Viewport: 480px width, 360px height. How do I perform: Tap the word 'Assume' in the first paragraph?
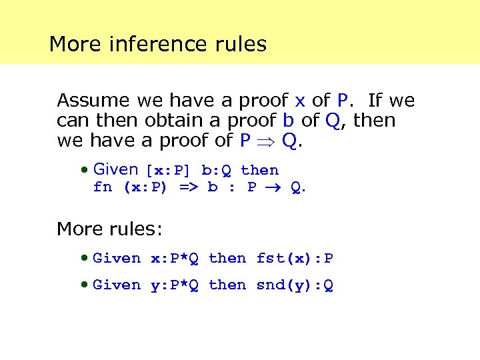(93, 101)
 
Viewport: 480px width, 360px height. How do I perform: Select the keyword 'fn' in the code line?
(103, 187)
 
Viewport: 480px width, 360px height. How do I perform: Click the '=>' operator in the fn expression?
(189, 187)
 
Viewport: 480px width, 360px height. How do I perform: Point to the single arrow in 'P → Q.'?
(274, 188)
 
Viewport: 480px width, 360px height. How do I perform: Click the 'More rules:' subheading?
(109, 229)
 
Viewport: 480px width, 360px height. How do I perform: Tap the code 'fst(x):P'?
(295, 259)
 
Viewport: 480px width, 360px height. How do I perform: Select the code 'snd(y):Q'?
(295, 285)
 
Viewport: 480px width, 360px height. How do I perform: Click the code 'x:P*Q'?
(175, 259)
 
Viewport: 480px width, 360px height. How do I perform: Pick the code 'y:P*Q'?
(175, 285)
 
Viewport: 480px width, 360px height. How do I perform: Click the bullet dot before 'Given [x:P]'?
(84, 170)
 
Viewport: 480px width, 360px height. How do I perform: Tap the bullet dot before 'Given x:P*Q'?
(84, 258)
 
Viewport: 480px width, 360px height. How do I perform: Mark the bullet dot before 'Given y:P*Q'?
(84, 285)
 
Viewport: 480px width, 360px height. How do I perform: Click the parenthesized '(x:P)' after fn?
(145, 187)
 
